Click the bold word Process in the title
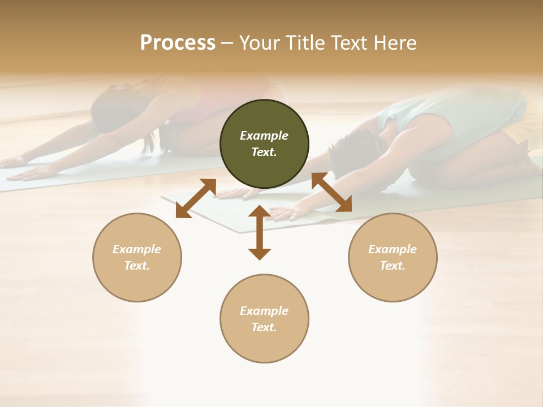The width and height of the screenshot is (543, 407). tap(178, 43)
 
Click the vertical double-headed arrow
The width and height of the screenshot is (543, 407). tap(260, 232)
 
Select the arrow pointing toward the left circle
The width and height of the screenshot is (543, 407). tap(196, 198)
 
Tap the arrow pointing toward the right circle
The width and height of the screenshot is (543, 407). tap(331, 192)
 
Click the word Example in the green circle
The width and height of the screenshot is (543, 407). tap(264, 136)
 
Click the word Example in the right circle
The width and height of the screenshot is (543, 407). tap(393, 249)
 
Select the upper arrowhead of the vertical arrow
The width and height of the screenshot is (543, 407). tap(260, 211)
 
